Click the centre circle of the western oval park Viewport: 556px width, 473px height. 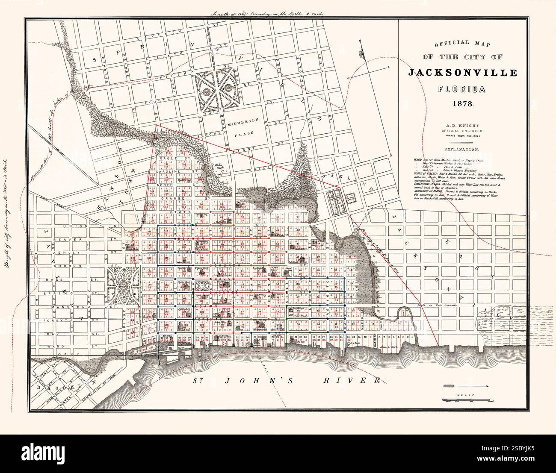click(x=123, y=285)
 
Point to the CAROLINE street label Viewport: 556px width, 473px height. click(x=169, y=172)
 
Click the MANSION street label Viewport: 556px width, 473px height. click(x=68, y=307)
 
